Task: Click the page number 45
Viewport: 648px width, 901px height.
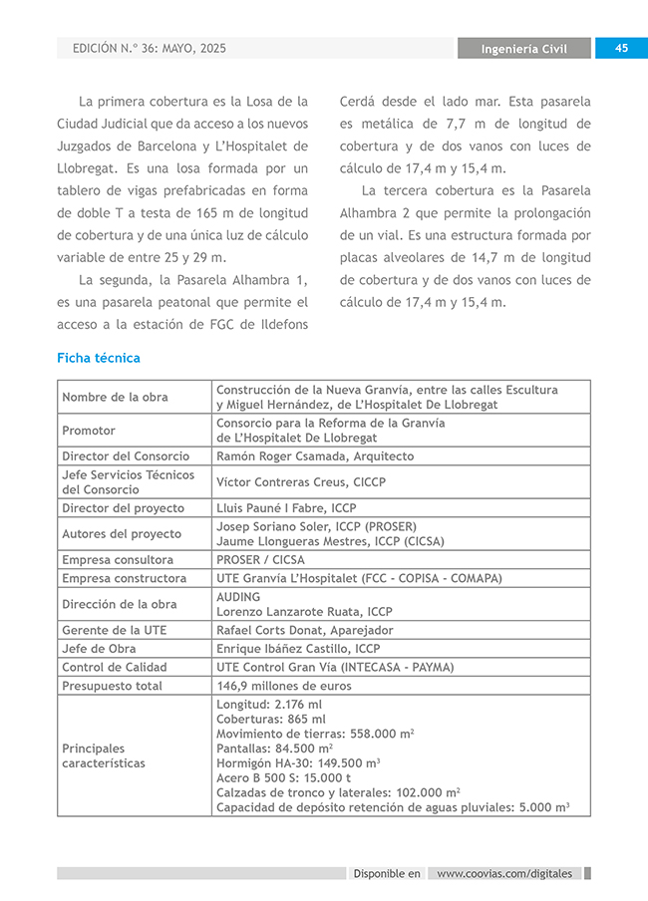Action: pyautogui.click(x=621, y=48)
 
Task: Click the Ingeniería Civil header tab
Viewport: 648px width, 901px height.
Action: pyautogui.click(x=524, y=49)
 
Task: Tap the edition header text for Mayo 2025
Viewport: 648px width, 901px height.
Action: pyautogui.click(x=150, y=48)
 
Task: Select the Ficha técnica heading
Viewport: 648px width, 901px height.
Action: pyautogui.click(x=99, y=358)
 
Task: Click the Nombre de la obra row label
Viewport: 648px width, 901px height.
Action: pyautogui.click(x=115, y=397)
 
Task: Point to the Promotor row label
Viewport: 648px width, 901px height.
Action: pyautogui.click(x=89, y=431)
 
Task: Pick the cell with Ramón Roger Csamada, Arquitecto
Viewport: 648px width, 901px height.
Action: pyautogui.click(x=314, y=456)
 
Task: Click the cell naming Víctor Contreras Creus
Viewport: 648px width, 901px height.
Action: pyautogui.click(x=301, y=482)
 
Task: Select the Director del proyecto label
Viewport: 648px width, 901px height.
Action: pyautogui.click(x=123, y=508)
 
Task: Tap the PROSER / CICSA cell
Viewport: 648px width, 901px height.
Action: pyautogui.click(x=260, y=560)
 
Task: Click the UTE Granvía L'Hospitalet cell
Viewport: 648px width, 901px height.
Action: pyautogui.click(x=359, y=578)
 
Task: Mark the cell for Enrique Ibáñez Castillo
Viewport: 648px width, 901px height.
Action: pyautogui.click(x=298, y=649)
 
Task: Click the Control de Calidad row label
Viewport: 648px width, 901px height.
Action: pyautogui.click(x=114, y=667)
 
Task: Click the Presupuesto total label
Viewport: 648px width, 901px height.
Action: pyautogui.click(x=111, y=686)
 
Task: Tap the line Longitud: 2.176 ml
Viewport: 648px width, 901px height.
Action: pyautogui.click(x=269, y=705)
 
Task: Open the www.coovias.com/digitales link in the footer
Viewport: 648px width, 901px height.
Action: pyautogui.click(x=504, y=874)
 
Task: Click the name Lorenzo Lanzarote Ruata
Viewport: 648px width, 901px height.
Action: pyautogui.click(x=304, y=611)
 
